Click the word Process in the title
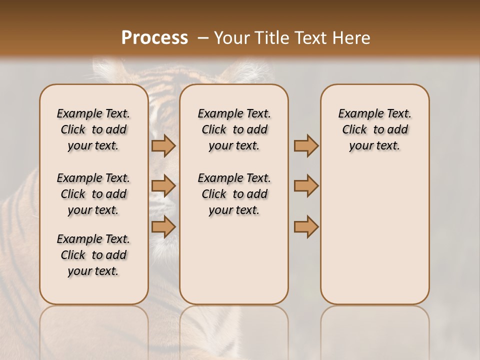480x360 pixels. point(154,38)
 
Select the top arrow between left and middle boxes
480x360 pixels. point(163,145)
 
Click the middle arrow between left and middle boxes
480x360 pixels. point(163,186)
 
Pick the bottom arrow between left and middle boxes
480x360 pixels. point(163,226)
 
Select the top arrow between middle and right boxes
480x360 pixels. point(306,145)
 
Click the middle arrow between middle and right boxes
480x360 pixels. point(306,186)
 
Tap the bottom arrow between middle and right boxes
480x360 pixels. point(306,226)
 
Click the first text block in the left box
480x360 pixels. point(93,129)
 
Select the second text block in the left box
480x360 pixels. point(93,194)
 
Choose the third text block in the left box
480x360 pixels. point(93,255)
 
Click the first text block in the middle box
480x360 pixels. point(234,129)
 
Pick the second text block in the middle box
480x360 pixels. point(234,194)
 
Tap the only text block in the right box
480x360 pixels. point(374,129)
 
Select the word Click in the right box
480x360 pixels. point(354,130)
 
